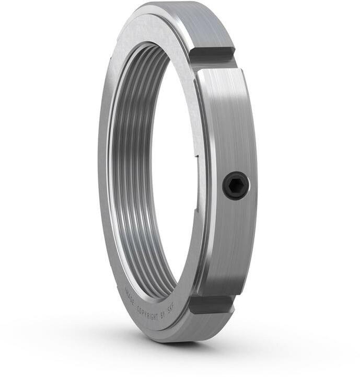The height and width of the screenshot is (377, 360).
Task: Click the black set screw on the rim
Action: coord(236,186)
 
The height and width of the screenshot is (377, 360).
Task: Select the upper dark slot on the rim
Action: coord(212,56)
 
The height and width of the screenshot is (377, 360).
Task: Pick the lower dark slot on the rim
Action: coord(211,305)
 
